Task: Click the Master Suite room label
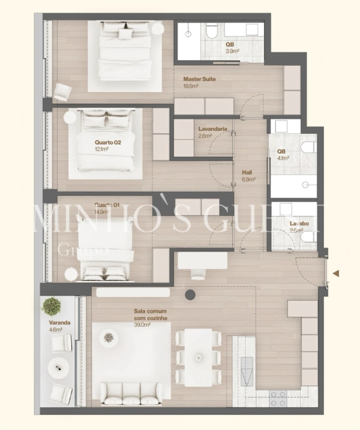199,79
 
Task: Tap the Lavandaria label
213,129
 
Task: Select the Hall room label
247,173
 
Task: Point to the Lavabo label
299,223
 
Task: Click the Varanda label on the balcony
60,322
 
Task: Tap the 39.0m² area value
142,325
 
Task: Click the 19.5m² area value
191,86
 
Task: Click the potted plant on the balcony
52,306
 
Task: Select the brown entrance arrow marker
336,273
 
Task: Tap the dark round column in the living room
190,295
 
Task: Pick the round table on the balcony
59,366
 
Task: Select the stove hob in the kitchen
278,398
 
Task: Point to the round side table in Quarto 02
70,117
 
